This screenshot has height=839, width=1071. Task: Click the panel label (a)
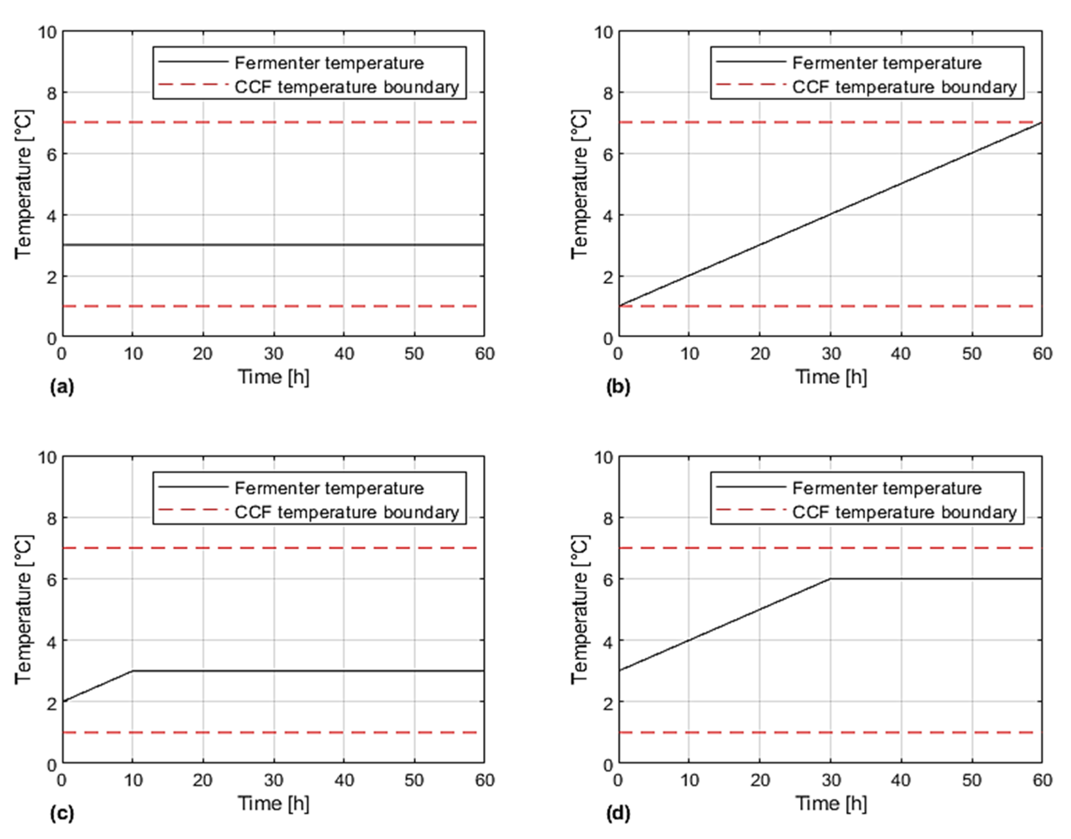(62, 387)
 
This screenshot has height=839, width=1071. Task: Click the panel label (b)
(618, 387)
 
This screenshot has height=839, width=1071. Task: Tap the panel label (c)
(62, 814)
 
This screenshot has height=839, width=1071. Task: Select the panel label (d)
(618, 814)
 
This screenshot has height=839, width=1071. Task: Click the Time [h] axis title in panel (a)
(274, 377)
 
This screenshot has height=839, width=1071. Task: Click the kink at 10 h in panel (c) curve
(133, 671)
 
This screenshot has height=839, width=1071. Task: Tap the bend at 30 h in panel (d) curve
(831, 579)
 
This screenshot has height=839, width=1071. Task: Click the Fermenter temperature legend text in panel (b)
(887, 63)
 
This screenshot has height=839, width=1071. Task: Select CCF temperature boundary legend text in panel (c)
(346, 512)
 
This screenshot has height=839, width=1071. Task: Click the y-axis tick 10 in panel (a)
(48, 32)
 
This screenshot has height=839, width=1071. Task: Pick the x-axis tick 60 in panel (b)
(1042, 354)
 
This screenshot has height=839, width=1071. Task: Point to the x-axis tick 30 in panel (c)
(274, 780)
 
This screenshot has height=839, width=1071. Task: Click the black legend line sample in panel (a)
(193, 62)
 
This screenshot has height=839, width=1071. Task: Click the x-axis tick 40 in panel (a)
(344, 354)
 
